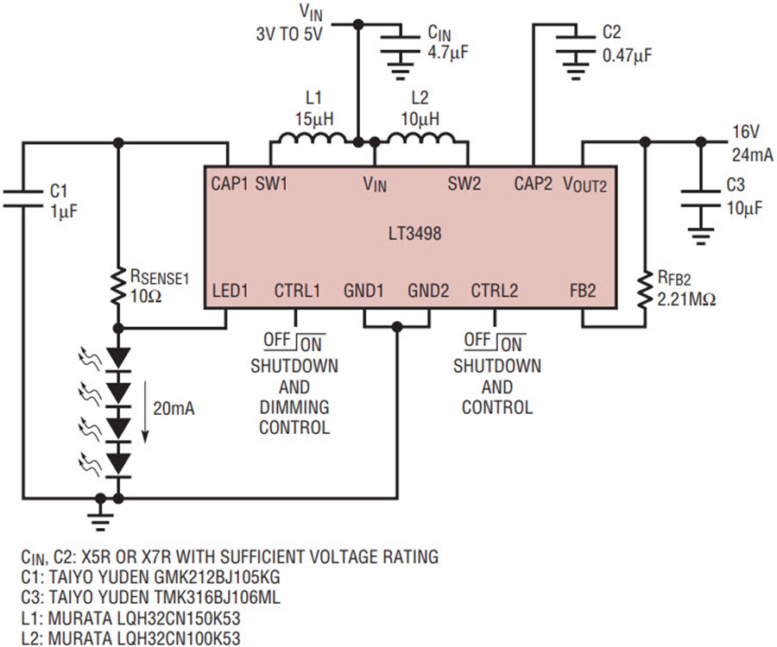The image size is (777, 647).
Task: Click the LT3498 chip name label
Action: pos(414,233)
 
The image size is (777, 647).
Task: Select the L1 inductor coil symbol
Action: pos(313,139)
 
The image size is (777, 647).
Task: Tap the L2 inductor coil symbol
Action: pos(420,139)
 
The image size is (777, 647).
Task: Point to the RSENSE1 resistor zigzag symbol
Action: pos(118,286)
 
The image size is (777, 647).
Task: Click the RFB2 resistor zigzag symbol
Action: pos(645,290)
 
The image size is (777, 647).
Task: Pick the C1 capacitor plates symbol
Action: pos(22,198)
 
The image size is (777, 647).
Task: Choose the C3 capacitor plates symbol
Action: pos(700,198)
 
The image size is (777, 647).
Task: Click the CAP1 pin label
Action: pos(230,183)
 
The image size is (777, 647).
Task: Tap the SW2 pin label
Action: pos(464,184)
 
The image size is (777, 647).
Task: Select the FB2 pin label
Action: pos(582,291)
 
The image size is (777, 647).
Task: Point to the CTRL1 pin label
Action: pos(297,291)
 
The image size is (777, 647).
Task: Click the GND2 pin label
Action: pos(428,291)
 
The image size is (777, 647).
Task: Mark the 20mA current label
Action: pos(174,408)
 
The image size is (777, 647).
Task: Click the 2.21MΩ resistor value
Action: pos(686,299)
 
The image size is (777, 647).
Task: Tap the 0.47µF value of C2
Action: pos(628,55)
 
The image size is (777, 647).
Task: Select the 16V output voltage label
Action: pos(746,132)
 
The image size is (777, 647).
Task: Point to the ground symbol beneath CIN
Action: pos(401,69)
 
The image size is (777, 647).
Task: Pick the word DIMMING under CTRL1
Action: pos(294,407)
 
